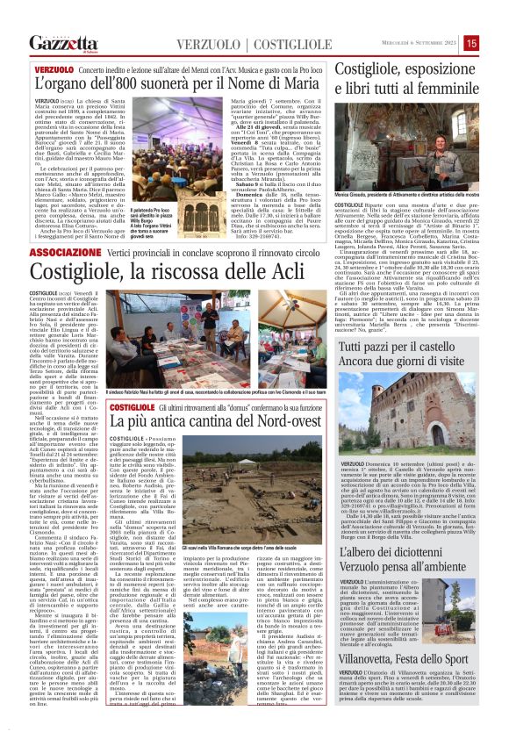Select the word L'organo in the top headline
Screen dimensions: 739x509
(x=63, y=84)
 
